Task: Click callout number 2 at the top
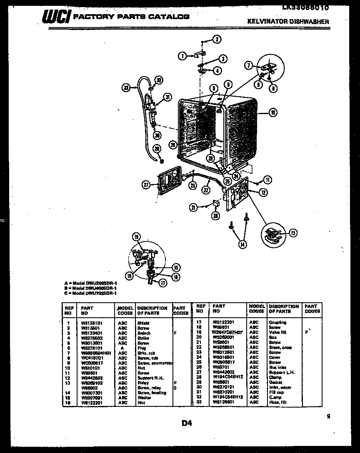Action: click(217, 40)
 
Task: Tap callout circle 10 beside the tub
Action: click(272, 112)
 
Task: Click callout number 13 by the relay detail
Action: click(293, 233)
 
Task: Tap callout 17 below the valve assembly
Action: click(162, 283)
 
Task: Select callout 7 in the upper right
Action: click(248, 65)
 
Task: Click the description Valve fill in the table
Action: click(277, 332)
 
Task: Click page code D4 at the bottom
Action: click(186, 423)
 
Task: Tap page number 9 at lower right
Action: click(328, 416)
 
